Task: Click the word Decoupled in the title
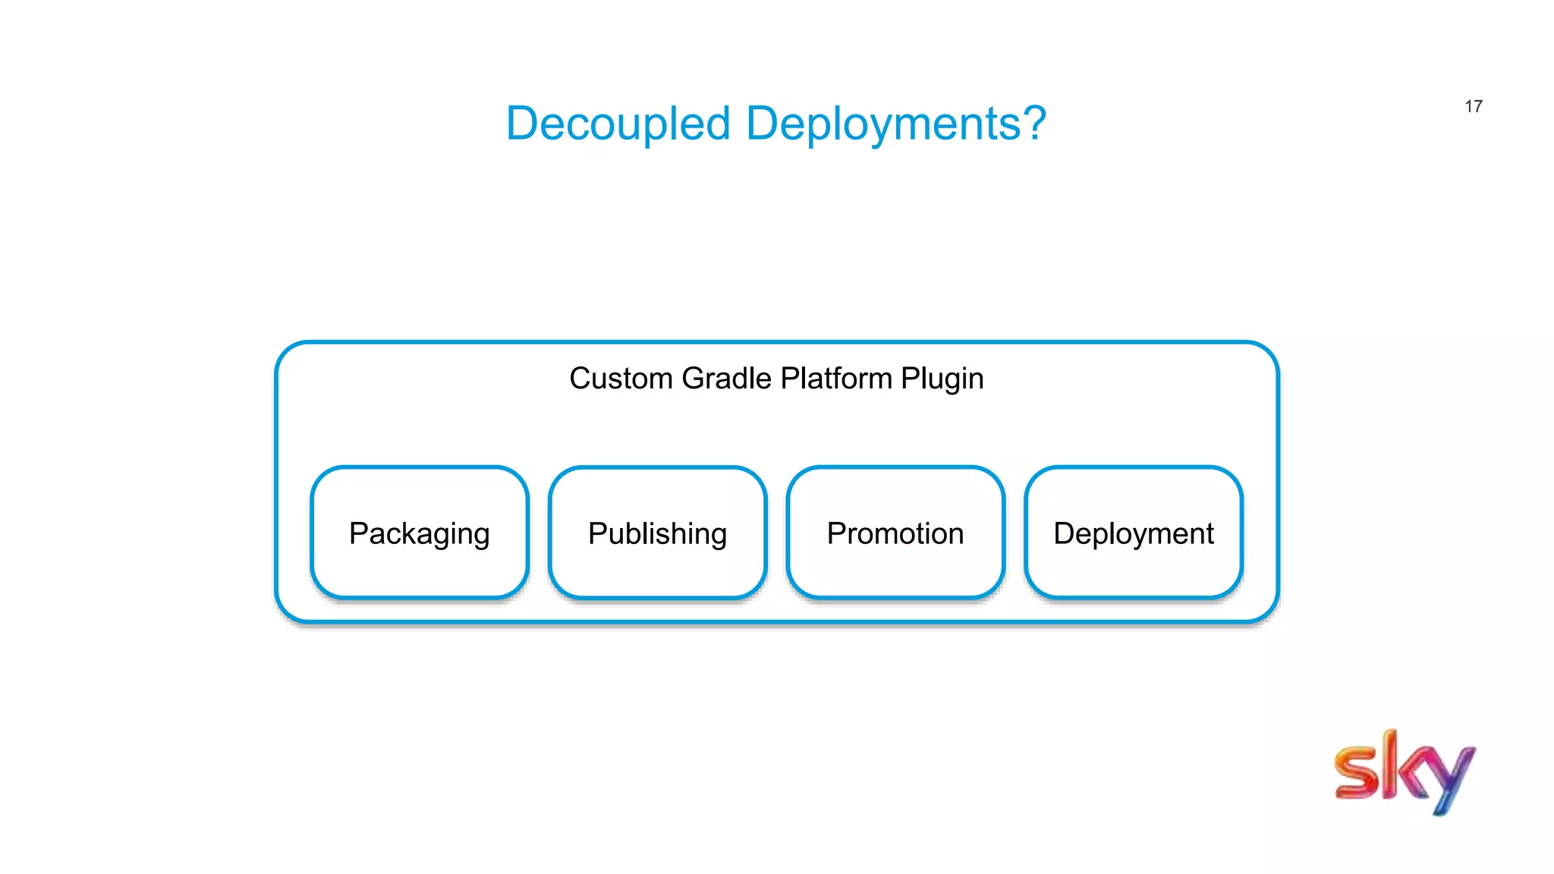(618, 124)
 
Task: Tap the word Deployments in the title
(883, 124)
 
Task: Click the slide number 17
(1474, 106)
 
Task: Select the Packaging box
(420, 533)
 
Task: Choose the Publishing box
(658, 533)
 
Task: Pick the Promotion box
(895, 533)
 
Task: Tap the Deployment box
(1134, 533)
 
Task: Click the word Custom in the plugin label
(621, 378)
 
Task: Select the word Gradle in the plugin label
(726, 378)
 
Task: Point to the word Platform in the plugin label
(836, 378)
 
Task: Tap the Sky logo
(1405, 772)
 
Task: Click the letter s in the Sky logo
(1357, 772)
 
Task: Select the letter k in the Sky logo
(1405, 765)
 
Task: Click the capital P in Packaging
(359, 533)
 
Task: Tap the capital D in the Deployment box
(1065, 533)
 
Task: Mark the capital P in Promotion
(837, 533)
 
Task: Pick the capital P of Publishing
(598, 533)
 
